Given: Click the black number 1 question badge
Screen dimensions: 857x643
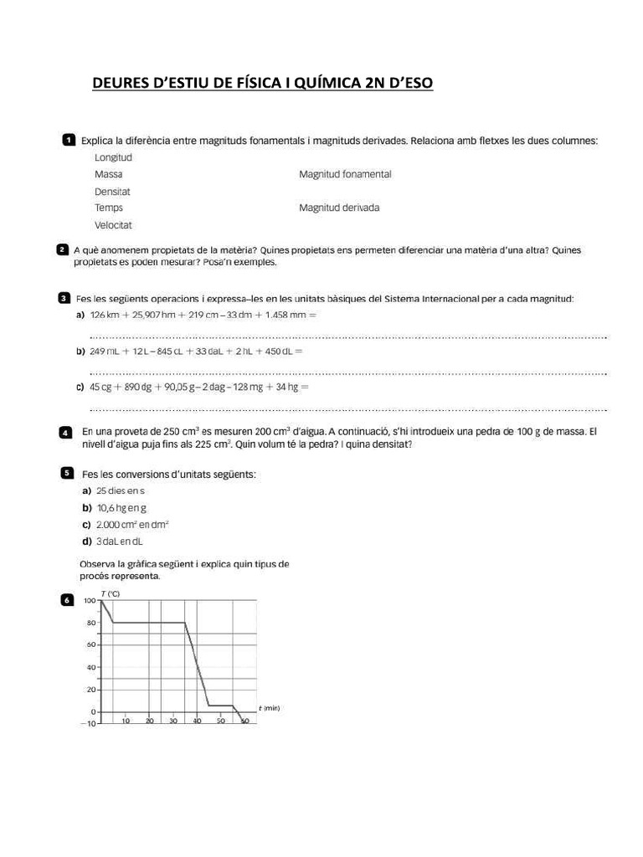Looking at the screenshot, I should coord(69,140).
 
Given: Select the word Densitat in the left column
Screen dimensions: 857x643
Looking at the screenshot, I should coord(112,192).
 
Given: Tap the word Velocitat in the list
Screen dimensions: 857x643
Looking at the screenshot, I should coord(113,225).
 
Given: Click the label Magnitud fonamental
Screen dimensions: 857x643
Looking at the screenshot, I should coord(345,175).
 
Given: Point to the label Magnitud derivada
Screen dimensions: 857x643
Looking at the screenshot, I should coord(339,208).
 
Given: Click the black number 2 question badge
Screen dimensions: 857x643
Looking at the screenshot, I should coord(62,250).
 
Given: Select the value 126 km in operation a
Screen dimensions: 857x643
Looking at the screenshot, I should coord(105,315).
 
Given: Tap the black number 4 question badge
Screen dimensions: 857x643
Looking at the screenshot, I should coord(66,433).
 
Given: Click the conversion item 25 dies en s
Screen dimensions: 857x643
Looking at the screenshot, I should coord(121,490).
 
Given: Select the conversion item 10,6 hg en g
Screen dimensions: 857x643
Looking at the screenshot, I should coord(121,508).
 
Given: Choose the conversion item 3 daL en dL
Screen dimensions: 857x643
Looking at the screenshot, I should coord(120,541).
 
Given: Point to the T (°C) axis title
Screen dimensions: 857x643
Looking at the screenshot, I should coord(110,593).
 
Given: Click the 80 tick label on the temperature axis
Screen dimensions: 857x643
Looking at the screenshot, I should coord(90,623).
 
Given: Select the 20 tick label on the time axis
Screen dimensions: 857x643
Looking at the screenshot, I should coord(149,721).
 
